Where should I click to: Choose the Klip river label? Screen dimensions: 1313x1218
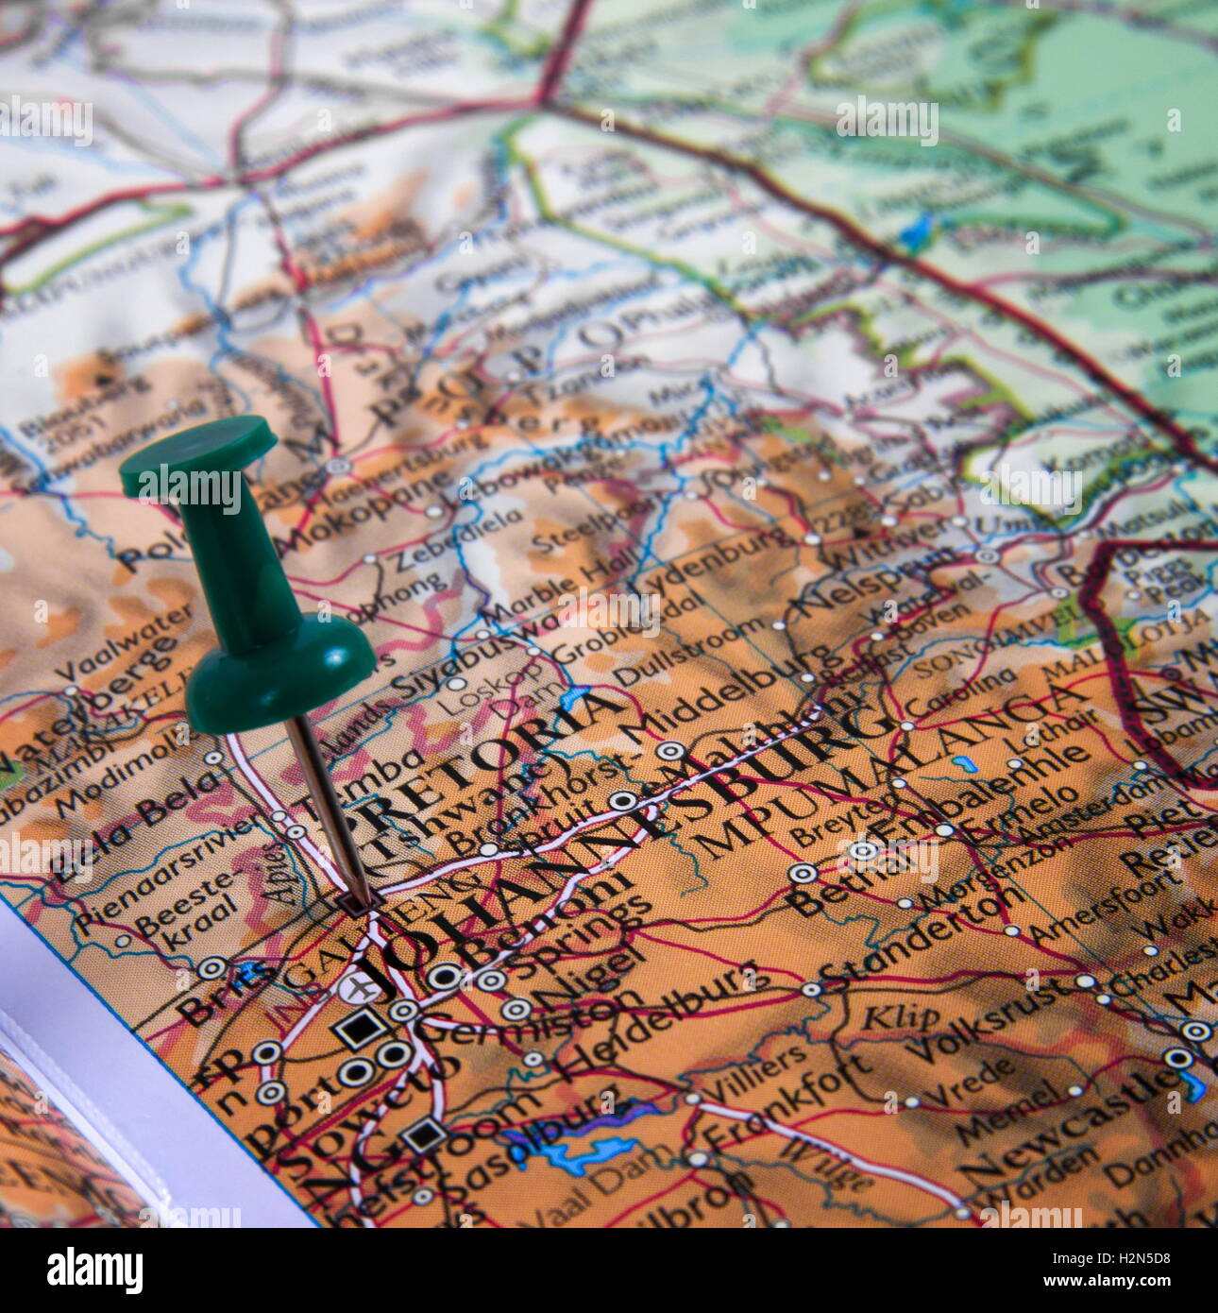(902, 1015)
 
